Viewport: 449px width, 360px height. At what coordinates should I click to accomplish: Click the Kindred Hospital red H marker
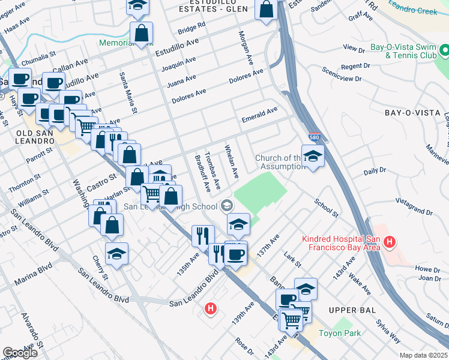(390, 243)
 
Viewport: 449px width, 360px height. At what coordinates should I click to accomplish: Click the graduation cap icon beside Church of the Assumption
(313, 157)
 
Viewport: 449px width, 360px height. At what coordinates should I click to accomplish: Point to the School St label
(327, 208)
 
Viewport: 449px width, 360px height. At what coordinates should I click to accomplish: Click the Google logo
(20, 353)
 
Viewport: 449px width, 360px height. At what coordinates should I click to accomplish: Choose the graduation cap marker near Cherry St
(116, 254)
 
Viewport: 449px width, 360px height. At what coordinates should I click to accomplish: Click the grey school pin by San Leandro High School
(226, 206)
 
